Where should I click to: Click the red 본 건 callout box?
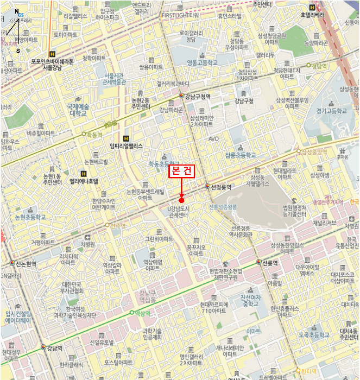[x=182, y=172]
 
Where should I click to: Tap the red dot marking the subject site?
[x=181, y=200]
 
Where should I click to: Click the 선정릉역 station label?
[x=222, y=187]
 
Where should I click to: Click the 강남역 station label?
[x=54, y=348]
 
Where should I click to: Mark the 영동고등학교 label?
[x=202, y=62]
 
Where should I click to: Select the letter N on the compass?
[x=17, y=11]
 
